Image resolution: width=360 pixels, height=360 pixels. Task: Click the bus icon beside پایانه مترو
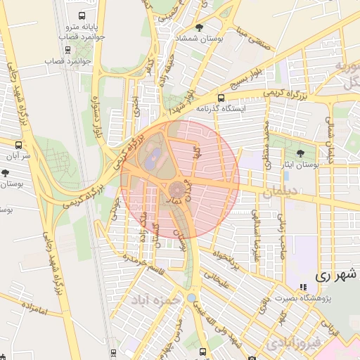(x=83, y=15)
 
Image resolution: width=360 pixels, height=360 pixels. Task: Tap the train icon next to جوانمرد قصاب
(x=67, y=49)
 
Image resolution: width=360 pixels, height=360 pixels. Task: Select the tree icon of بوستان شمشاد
(x=202, y=28)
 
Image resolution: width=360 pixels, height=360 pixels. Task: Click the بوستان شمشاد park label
(x=202, y=39)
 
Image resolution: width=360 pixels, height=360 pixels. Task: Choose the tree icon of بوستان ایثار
(x=301, y=153)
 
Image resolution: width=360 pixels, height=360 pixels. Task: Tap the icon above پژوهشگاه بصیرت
(x=303, y=288)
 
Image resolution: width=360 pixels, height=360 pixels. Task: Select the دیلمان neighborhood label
(x=281, y=191)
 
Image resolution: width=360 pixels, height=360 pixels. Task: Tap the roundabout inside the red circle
(x=177, y=188)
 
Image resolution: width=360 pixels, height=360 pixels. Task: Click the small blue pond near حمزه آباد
(x=191, y=298)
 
